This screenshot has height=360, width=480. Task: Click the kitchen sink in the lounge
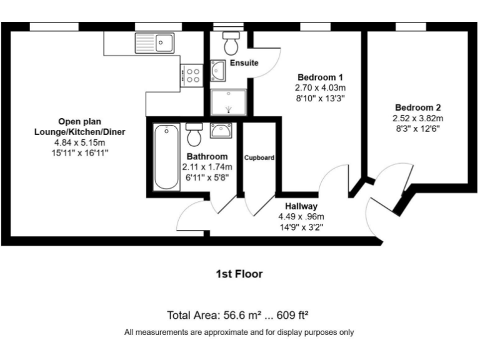tap(154, 43)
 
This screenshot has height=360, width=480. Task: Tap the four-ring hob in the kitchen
tap(192, 76)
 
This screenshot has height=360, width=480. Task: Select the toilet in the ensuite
tap(231, 44)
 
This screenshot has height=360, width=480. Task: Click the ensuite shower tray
tap(229, 102)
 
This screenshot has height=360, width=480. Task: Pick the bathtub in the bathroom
tap(165, 156)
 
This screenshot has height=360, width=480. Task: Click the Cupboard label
tap(259, 158)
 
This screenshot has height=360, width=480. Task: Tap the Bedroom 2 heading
tap(417, 107)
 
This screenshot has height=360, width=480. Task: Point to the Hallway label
tap(301, 206)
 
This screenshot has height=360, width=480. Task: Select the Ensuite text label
tap(244, 63)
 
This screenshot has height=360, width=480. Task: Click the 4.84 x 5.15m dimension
tap(81, 142)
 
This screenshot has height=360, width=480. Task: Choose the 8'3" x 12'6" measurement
tap(417, 129)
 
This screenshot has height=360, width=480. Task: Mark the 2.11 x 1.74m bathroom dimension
tap(207, 167)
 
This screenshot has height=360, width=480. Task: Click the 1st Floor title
tap(239, 274)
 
